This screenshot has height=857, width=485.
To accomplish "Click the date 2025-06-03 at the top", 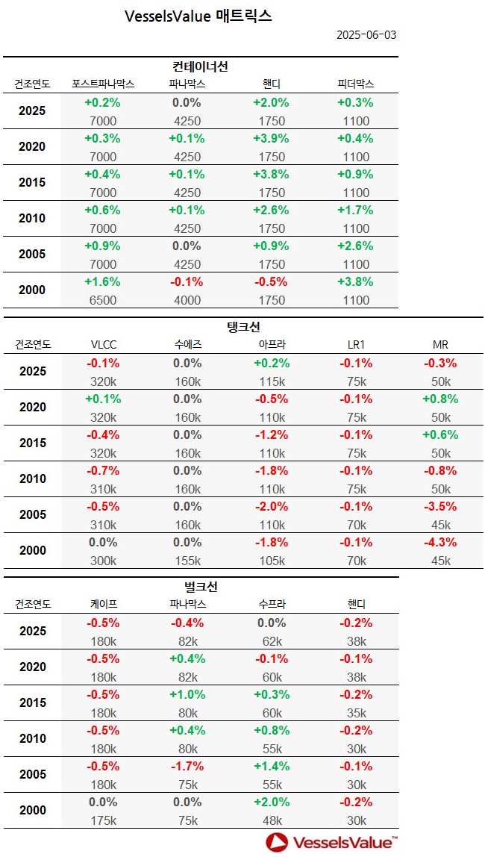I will [x=366, y=35].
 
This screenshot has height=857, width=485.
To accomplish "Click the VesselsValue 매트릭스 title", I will [x=198, y=16].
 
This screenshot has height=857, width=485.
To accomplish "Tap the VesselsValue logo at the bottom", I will [x=332, y=842].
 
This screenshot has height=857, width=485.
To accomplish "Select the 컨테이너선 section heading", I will [x=200, y=66].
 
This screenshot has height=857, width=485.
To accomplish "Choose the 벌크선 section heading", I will [x=200, y=587].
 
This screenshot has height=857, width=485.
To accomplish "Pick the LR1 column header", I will [x=355, y=345].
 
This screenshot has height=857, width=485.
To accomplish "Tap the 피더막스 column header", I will [x=355, y=84].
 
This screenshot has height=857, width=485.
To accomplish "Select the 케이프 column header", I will [x=102, y=605].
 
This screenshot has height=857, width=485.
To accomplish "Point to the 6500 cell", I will [x=102, y=300].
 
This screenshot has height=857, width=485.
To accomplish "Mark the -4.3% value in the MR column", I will [x=440, y=542].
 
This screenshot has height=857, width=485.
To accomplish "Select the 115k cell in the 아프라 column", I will [x=272, y=381].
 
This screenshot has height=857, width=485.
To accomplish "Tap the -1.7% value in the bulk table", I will [x=187, y=766].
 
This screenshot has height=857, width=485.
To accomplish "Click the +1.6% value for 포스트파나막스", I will [x=102, y=281].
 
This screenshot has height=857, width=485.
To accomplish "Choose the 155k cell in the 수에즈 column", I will [x=187, y=561].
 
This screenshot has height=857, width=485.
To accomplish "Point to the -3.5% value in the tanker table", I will [x=440, y=506].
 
